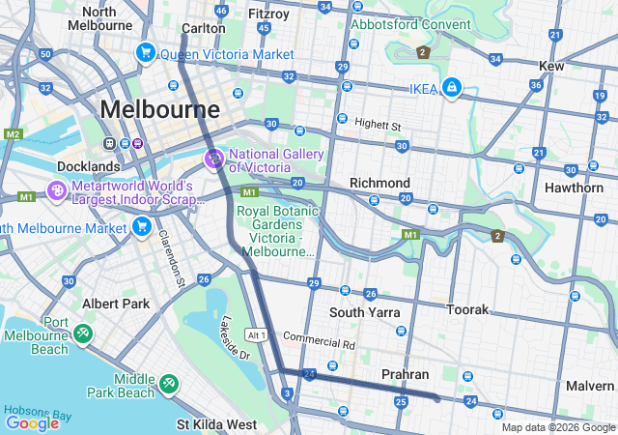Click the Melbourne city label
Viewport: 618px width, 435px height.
[160, 108]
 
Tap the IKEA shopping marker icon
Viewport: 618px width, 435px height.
[450, 89]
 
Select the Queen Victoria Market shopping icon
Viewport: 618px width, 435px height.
[146, 53]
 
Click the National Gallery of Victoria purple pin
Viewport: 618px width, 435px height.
[213, 158]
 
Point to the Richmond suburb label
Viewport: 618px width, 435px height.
[379, 183]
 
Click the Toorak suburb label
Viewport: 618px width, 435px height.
[467, 309]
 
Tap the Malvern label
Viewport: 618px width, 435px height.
[590, 385]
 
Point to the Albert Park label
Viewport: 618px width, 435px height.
[116, 304]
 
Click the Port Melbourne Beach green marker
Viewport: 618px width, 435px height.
[84, 334]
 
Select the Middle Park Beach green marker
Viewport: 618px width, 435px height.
[169, 385]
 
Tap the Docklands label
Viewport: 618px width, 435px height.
[88, 166]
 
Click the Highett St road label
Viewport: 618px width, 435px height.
[377, 125]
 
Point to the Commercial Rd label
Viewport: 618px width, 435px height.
[320, 341]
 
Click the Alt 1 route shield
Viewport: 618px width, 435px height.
[256, 334]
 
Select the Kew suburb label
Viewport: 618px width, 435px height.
[551, 65]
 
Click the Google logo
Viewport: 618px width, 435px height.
[33, 423]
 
